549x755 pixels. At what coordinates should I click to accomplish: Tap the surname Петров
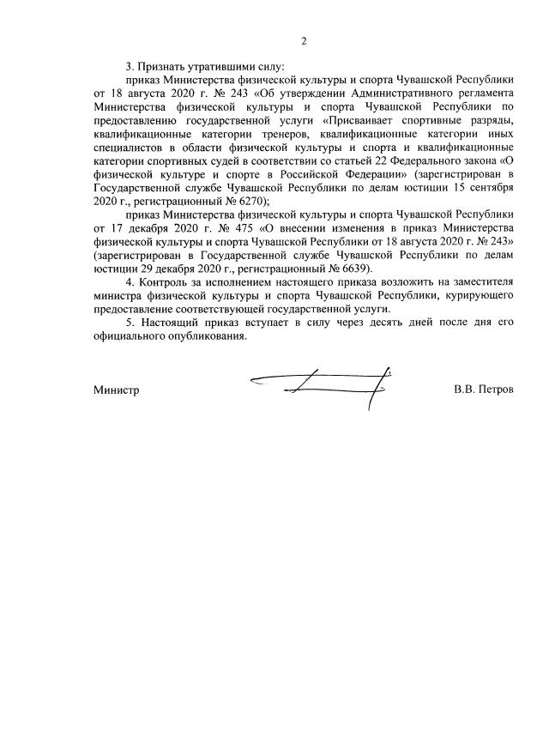click(494, 390)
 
